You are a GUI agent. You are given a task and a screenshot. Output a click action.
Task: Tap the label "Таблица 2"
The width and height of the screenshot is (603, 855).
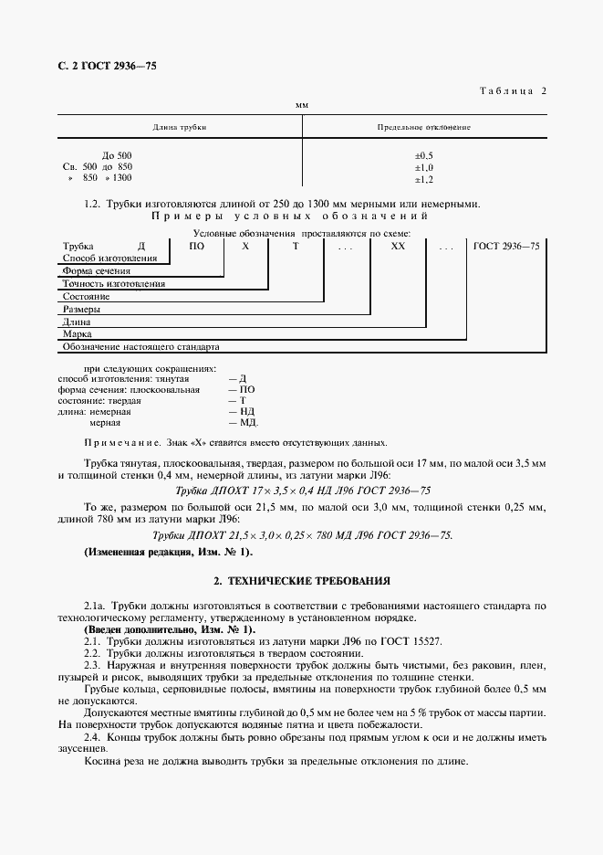click(512, 90)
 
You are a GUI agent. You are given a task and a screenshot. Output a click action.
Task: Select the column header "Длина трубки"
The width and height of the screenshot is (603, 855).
click(180, 127)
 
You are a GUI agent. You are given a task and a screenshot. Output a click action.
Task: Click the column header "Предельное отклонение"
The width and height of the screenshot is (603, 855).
click(423, 127)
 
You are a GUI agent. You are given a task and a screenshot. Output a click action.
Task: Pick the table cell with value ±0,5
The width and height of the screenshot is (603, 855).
click(423, 155)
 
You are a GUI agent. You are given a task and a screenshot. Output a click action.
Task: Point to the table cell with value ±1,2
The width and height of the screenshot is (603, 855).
click(423, 179)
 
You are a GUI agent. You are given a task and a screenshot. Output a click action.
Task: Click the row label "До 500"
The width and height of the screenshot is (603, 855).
click(117, 155)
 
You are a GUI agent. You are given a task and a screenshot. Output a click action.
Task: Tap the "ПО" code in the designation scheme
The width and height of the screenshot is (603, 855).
click(196, 247)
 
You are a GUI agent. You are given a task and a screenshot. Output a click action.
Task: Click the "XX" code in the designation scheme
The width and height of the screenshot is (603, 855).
click(398, 247)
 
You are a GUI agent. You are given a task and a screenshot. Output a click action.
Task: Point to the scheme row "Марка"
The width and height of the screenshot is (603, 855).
click(77, 334)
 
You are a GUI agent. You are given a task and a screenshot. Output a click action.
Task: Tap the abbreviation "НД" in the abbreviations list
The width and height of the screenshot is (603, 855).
click(245, 411)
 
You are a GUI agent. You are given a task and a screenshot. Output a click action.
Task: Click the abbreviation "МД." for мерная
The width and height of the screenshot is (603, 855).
click(248, 423)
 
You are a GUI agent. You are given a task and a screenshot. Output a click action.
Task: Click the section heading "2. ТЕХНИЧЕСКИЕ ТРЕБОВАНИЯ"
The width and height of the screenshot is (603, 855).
click(302, 580)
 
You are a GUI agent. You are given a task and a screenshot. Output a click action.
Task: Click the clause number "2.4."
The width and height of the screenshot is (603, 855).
click(91, 736)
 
